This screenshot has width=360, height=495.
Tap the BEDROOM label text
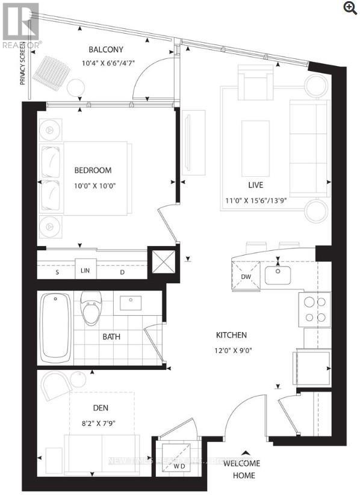tap(93, 170)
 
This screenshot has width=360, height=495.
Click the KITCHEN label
tap(232, 334)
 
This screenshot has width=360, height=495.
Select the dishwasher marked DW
tap(245, 276)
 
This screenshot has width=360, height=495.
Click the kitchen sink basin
tap(278, 275)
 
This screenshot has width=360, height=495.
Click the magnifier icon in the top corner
tap(349, 7)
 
